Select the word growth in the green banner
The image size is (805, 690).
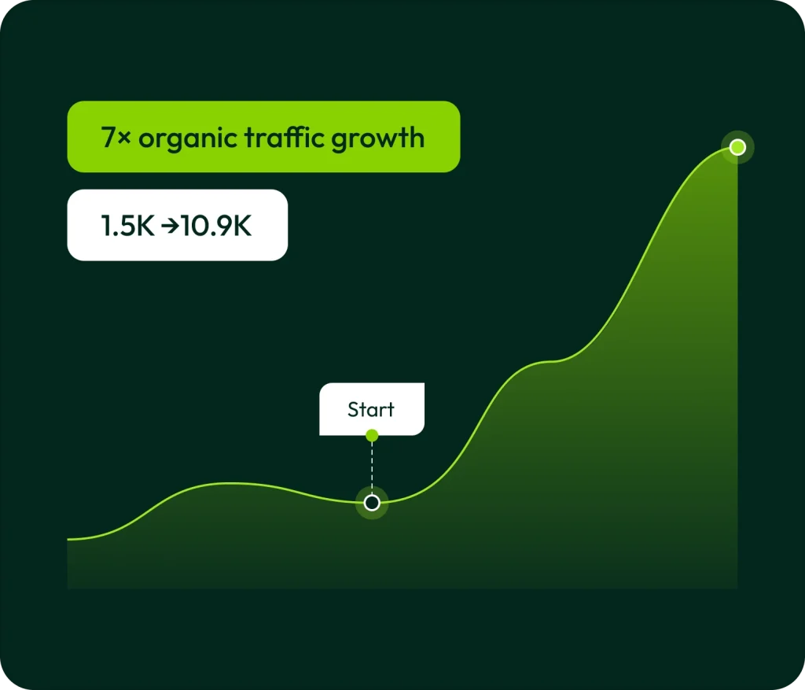(378, 139)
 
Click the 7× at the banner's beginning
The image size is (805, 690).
(116, 138)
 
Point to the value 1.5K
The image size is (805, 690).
(127, 226)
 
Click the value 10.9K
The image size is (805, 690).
(216, 226)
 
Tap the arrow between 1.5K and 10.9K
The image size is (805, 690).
(170, 226)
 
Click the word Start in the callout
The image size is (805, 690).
(371, 409)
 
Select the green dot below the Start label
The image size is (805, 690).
(372, 436)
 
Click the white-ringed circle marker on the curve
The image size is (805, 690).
(372, 503)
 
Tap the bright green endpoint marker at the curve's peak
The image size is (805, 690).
(737, 147)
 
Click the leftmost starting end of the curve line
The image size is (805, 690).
(68, 539)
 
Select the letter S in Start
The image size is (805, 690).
(353, 409)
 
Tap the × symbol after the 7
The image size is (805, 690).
(124, 138)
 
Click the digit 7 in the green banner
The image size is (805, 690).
(108, 138)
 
